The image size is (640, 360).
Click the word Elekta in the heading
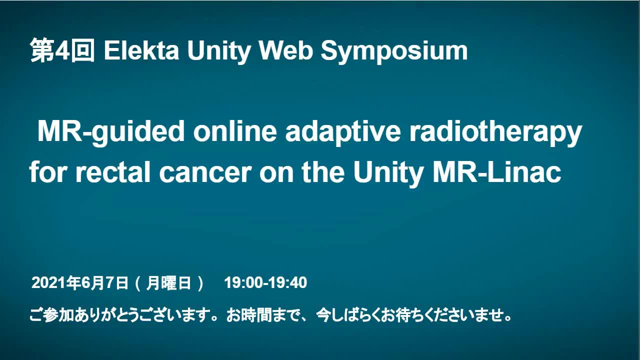pos(141,51)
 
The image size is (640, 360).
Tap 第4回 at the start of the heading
pos(62,50)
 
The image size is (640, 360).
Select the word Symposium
pos(394,52)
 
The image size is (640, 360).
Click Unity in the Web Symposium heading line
pos(219,52)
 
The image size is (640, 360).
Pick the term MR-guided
pos(111,132)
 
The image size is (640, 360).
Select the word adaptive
pos(343,132)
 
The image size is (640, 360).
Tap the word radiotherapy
pos(495,132)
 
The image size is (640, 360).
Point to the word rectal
pos(113,172)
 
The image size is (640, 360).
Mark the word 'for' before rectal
pos(48,172)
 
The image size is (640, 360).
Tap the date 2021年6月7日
pos(79,283)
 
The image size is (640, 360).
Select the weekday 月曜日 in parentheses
pos(168,283)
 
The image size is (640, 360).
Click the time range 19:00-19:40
pos(265,283)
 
